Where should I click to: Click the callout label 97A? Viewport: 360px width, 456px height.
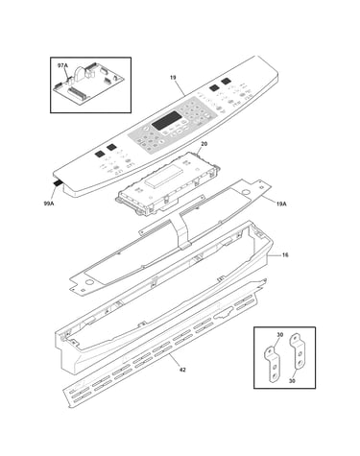(62, 65)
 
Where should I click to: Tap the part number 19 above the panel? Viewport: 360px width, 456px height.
(173, 78)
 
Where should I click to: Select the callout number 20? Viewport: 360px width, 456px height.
(204, 144)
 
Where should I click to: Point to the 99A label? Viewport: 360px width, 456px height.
(49, 203)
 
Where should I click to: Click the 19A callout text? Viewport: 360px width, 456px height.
(281, 203)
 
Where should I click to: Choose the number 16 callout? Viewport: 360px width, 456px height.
(285, 255)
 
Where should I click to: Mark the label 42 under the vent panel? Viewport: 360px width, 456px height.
(182, 370)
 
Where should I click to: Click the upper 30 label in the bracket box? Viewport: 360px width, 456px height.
(280, 335)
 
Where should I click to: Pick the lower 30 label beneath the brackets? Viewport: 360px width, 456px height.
(292, 381)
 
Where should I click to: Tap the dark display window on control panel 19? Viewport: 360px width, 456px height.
(165, 121)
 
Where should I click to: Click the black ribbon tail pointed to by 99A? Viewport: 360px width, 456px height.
(58, 183)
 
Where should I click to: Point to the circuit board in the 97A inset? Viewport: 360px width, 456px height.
(88, 84)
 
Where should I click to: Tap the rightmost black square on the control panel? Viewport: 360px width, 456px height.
(226, 81)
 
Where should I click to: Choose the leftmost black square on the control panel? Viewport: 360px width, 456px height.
(99, 154)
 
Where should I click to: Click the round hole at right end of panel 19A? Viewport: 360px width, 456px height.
(246, 192)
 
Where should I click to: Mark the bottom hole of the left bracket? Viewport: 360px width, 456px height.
(275, 375)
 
